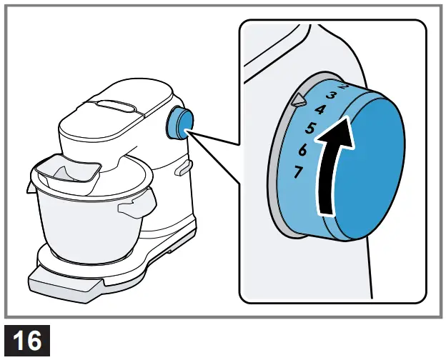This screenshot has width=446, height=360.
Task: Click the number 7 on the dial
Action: [x=299, y=171]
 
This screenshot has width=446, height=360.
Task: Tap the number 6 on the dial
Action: [x=303, y=150]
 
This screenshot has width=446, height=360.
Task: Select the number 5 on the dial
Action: [x=310, y=129]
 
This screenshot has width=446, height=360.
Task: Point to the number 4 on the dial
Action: [x=320, y=110]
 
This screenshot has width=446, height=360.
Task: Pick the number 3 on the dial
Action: [x=331, y=95]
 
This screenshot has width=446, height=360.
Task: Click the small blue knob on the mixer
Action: [x=179, y=124]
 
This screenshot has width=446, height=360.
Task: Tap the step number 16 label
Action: [x=28, y=341]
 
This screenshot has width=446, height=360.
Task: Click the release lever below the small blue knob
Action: [x=183, y=167]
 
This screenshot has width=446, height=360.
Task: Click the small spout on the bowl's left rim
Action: [x=32, y=187]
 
